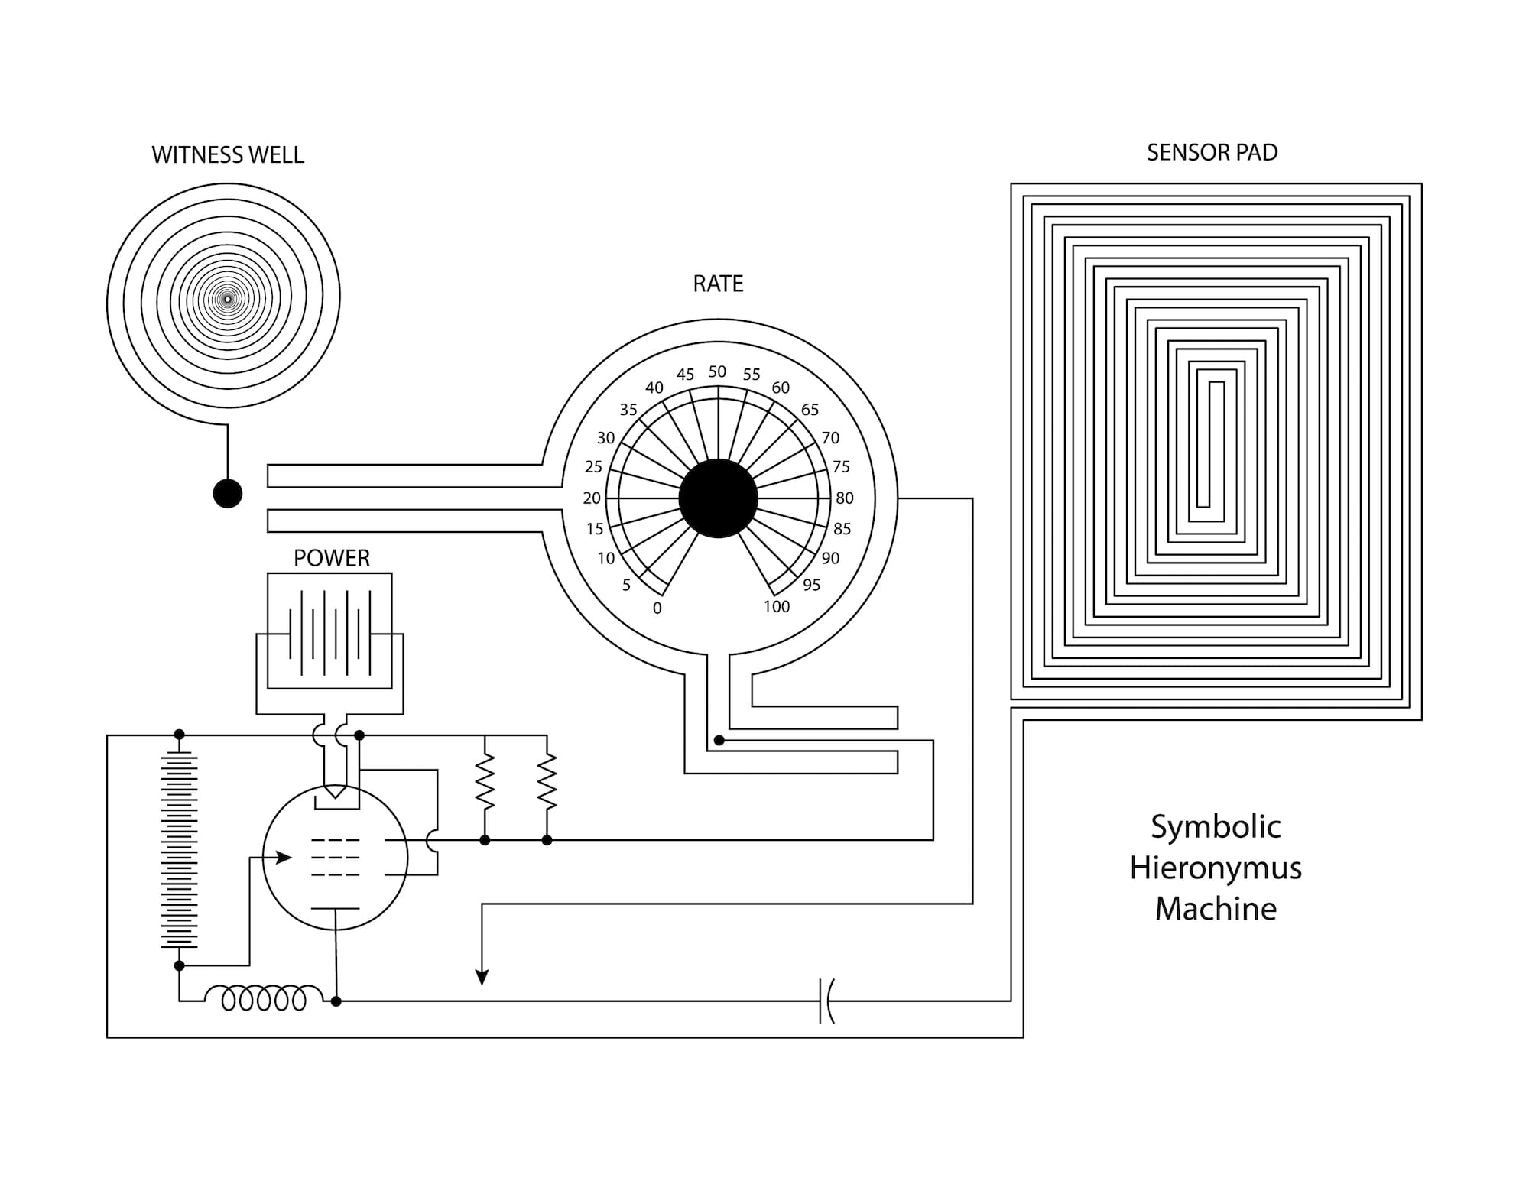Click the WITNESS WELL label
(x=228, y=155)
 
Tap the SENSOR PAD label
(x=1212, y=153)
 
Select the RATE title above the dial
(x=718, y=284)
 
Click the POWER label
(x=332, y=558)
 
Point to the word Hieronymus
(x=1216, y=868)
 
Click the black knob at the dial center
(x=718, y=498)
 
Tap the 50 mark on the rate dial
(x=717, y=372)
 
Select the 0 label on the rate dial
(x=657, y=608)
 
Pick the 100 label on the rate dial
(x=777, y=607)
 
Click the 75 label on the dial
(x=841, y=467)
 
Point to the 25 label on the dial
(x=593, y=467)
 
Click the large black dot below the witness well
(x=228, y=493)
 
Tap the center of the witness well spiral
(x=227, y=299)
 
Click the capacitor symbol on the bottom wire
(x=826, y=1001)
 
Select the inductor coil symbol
(x=265, y=998)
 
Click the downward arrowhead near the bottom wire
(x=482, y=977)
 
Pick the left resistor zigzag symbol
(x=485, y=781)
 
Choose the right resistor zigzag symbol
(x=547, y=781)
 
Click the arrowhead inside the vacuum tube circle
(x=284, y=858)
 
